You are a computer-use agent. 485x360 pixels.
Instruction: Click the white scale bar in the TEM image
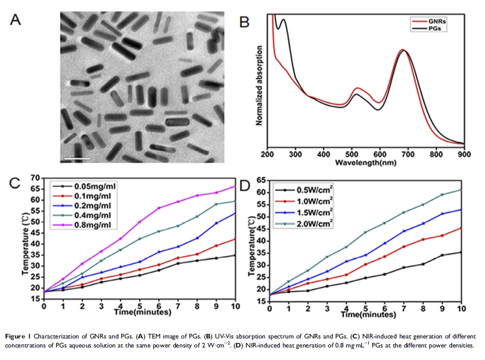77,159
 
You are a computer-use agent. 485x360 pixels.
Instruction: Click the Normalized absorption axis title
260,86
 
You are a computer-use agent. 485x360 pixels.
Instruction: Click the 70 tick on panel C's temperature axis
35,178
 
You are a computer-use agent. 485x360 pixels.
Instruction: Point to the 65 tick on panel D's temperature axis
261,179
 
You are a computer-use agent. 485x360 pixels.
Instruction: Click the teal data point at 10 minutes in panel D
461,190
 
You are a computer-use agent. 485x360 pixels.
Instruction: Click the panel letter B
244,23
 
